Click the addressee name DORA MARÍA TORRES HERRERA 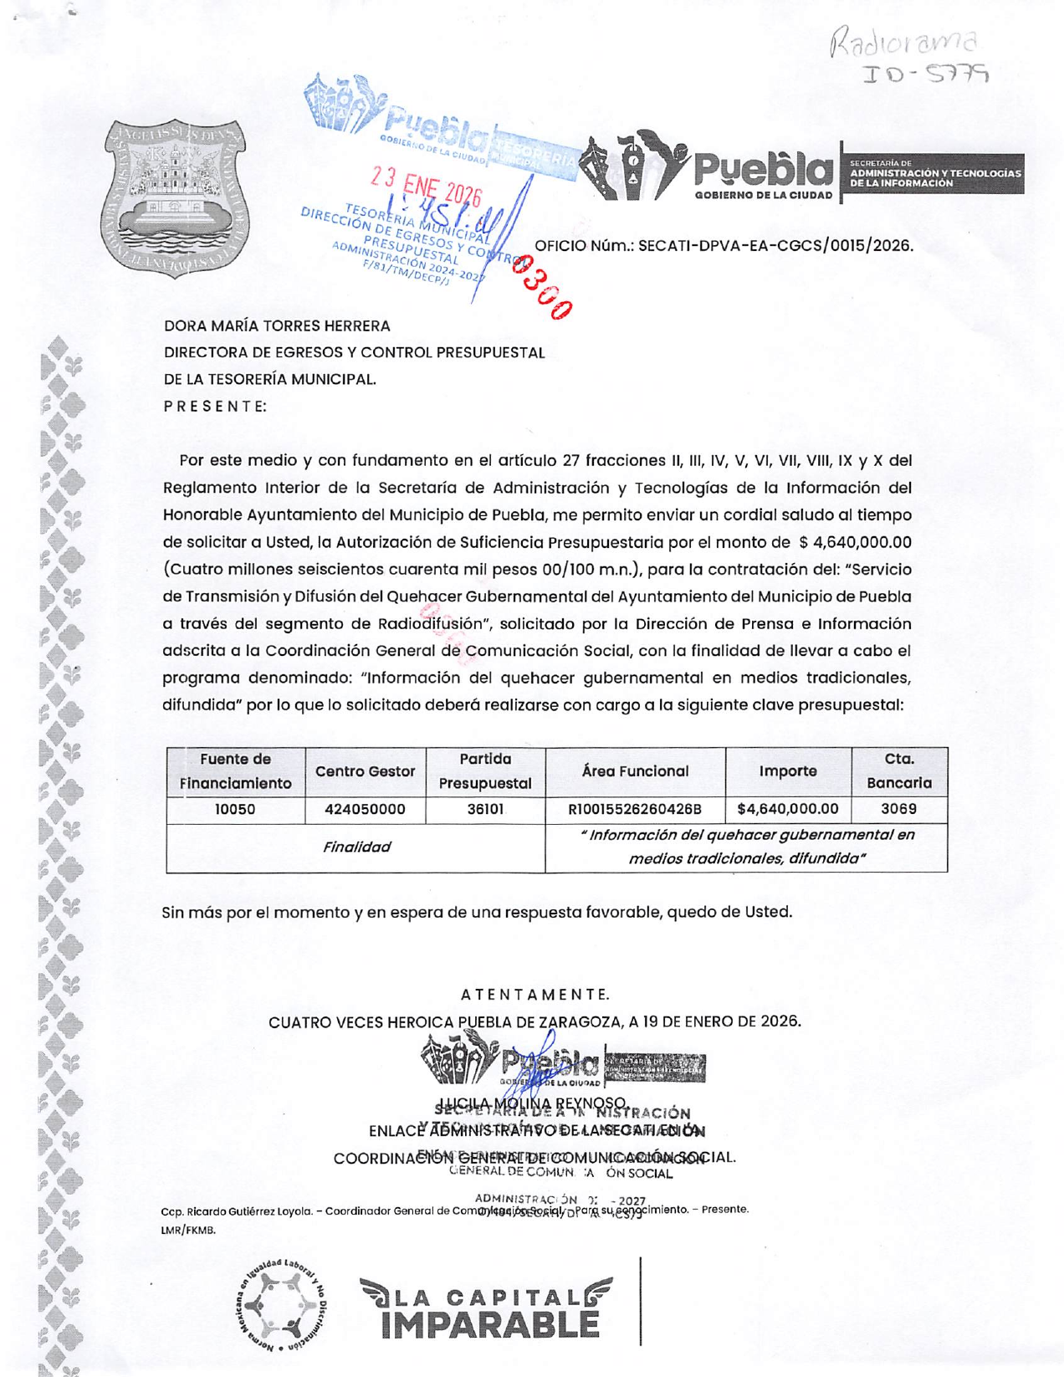coord(277,325)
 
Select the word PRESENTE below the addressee coord(215,406)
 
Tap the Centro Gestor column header coord(365,771)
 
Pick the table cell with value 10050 coord(235,809)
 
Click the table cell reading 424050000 coord(365,809)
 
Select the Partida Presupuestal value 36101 coord(485,809)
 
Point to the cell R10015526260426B coord(635,809)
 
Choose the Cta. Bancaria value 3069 coord(898,809)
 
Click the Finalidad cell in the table coord(356,847)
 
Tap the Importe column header coord(788,771)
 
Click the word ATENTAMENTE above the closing coord(535,995)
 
